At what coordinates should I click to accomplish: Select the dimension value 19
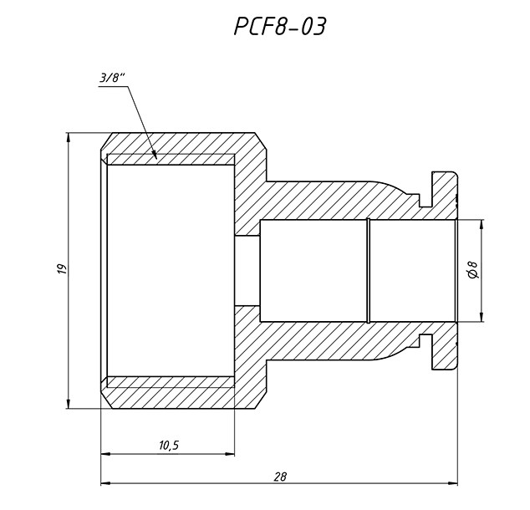point(60,270)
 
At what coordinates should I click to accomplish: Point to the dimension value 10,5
point(168,446)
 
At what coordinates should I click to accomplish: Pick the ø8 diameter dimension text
point(472,270)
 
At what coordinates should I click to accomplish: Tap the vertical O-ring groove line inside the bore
point(368,270)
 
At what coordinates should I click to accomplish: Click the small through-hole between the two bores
point(247,270)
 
